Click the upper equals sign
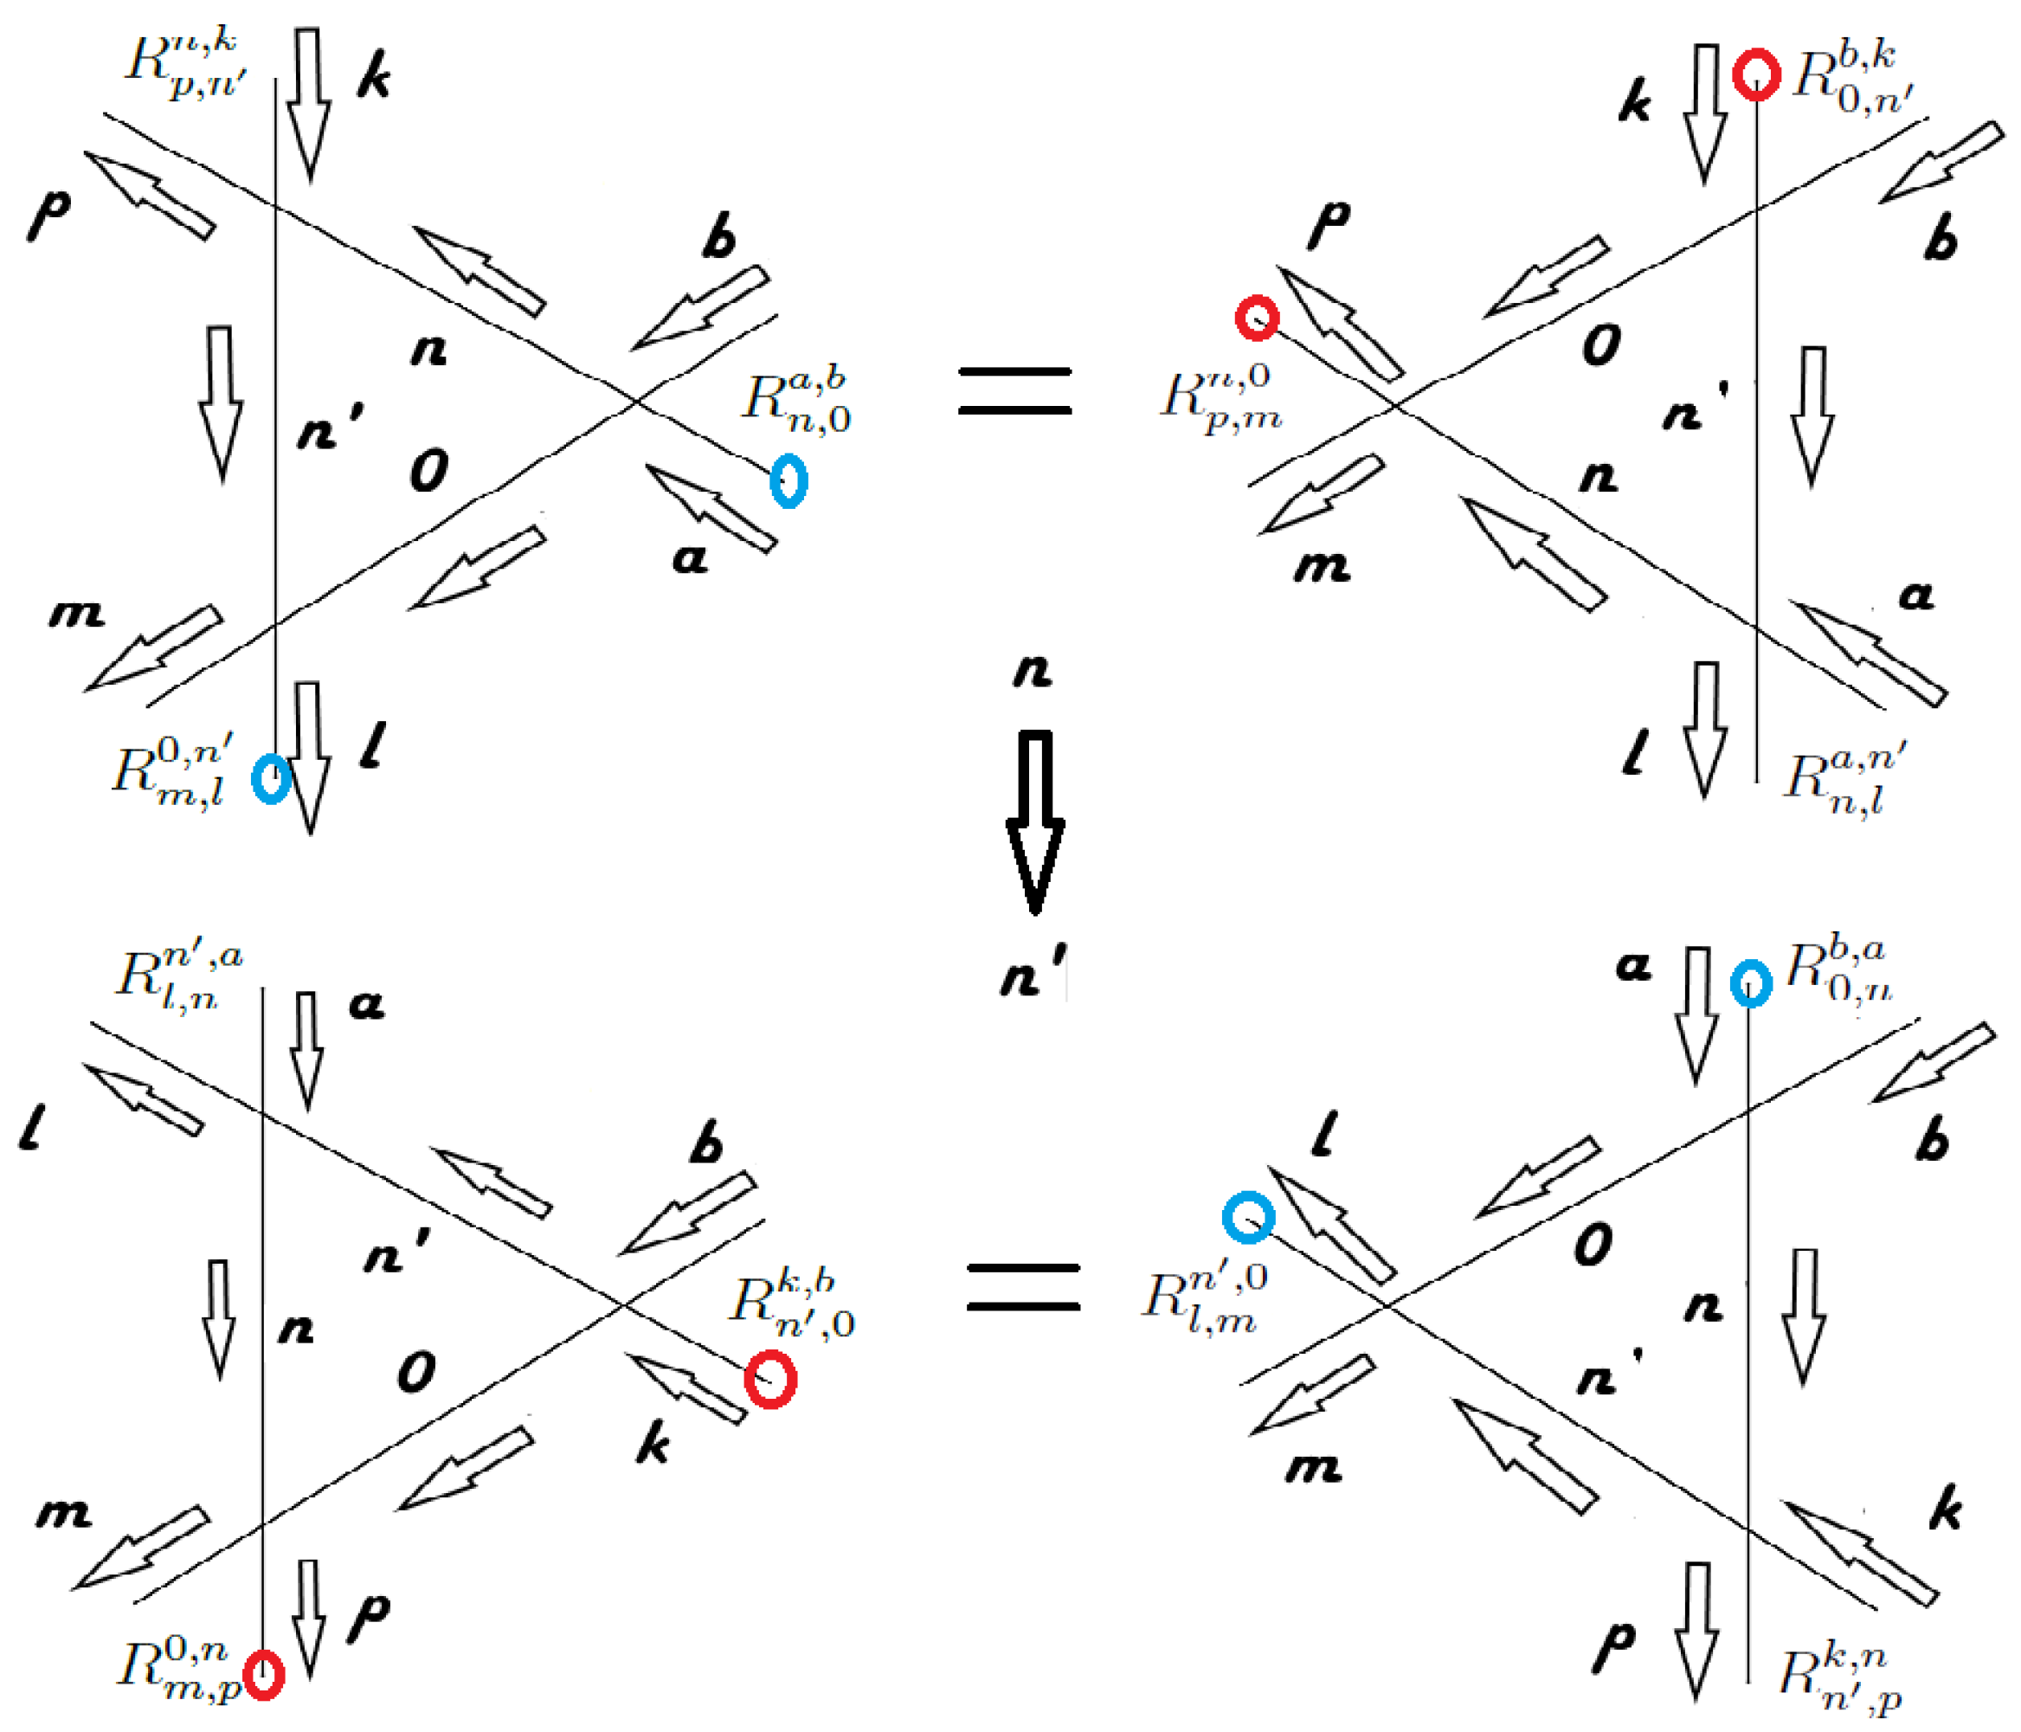coord(1014,390)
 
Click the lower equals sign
coord(1023,1286)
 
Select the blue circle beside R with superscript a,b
coord(789,480)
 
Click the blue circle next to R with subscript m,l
coord(271,778)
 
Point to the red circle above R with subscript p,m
coord(1258,318)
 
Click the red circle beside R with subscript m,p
coord(263,1676)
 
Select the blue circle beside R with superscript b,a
coord(1751,983)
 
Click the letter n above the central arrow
coord(1033,671)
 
